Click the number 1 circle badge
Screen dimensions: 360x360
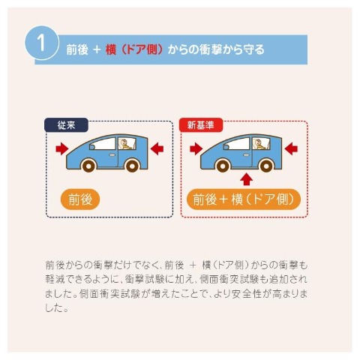coord(42,43)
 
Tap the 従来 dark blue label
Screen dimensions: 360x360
coord(66,125)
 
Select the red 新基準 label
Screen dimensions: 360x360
coord(201,124)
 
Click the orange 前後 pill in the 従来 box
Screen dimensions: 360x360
coord(80,199)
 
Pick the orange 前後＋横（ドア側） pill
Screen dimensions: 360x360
coord(244,199)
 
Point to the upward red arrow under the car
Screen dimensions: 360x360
coord(247,179)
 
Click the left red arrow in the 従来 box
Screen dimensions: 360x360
coord(62,148)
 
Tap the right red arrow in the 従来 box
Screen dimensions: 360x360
coord(157,148)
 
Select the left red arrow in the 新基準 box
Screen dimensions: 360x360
coord(196,148)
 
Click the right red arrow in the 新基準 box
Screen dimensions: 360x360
coord(291,148)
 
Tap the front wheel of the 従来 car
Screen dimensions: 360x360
coord(88,165)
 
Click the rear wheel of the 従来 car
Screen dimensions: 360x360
coord(132,165)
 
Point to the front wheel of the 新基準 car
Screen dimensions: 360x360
coord(222,165)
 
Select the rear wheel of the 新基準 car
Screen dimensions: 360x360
coord(266,165)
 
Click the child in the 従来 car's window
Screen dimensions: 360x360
coord(125,145)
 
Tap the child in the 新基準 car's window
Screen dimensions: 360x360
coord(259,145)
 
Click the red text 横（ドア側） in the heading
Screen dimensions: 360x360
coord(134,49)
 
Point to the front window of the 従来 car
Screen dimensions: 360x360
coord(103,144)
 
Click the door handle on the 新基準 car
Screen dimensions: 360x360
coord(246,154)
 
